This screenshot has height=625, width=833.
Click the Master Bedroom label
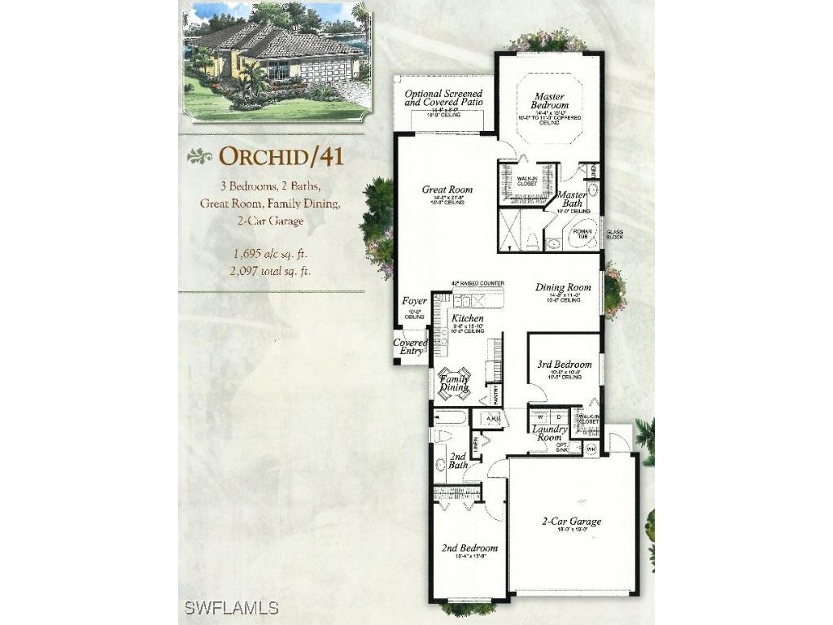coord(550,102)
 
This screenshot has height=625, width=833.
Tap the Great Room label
coord(447,190)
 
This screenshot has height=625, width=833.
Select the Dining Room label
coord(562,287)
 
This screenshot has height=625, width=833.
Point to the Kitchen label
coord(468,318)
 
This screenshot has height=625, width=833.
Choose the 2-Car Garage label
coord(571,522)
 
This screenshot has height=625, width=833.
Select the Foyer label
coord(414,301)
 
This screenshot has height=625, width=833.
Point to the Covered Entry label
coord(410,347)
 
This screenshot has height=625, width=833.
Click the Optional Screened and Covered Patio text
coord(443,98)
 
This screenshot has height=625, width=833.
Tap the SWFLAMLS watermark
coord(232,608)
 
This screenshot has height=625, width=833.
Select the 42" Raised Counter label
coord(477,284)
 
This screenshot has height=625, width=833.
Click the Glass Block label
coord(615,235)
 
